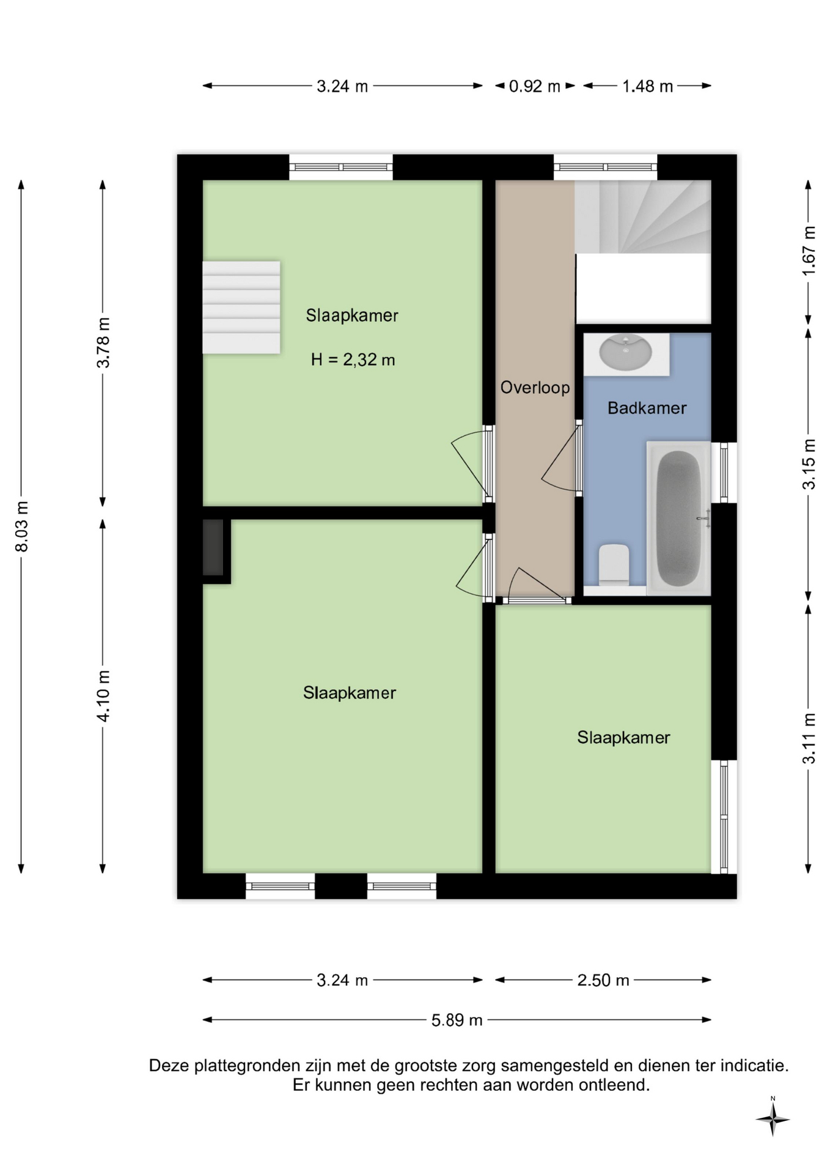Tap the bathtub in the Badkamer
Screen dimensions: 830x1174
pyautogui.click(x=678, y=518)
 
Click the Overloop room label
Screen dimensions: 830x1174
pyautogui.click(x=535, y=388)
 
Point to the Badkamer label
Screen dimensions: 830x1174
pyautogui.click(x=647, y=408)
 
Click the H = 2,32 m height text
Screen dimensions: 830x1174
pyautogui.click(x=353, y=360)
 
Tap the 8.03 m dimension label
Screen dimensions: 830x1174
pyautogui.click(x=22, y=526)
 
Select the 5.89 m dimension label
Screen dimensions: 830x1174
pyautogui.click(x=457, y=1020)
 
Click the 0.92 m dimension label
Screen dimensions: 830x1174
pyautogui.click(x=534, y=86)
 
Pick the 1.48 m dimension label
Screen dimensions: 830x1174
pyautogui.click(x=647, y=86)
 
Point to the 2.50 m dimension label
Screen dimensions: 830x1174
pyautogui.click(x=603, y=980)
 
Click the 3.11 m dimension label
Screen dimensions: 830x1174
pyautogui.click(x=809, y=739)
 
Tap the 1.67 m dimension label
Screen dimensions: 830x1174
pyautogui.click(x=809, y=251)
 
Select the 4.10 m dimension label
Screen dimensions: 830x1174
pyautogui.click(x=103, y=696)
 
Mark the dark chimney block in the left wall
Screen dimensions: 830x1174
pyautogui.click(x=213, y=547)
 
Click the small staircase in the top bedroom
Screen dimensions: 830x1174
pyautogui.click(x=241, y=308)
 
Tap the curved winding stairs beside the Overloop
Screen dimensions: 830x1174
pyautogui.click(x=642, y=216)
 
